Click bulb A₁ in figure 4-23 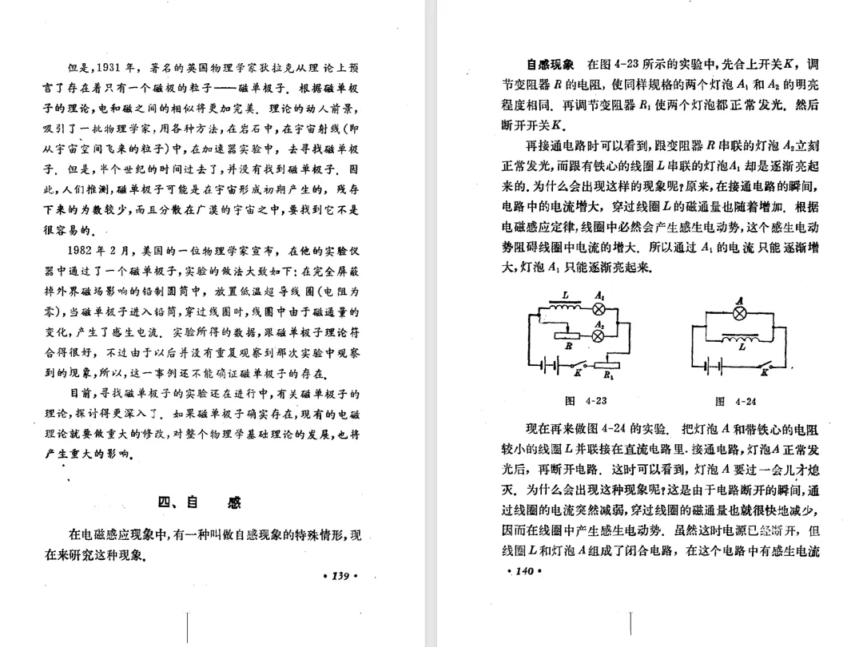click(598, 310)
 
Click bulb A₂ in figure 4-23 click(598, 335)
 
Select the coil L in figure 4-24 click(740, 339)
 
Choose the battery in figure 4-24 click(714, 366)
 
